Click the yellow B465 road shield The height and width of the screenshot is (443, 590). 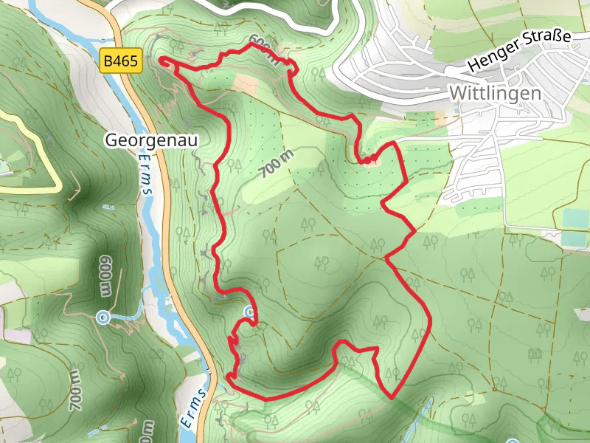(120, 61)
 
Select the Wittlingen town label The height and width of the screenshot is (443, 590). (495, 94)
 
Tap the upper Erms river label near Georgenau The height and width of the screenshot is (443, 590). (146, 176)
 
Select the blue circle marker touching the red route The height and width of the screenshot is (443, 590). (250, 313)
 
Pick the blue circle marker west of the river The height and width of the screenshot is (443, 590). (103, 317)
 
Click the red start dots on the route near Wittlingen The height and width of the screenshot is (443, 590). (369, 159)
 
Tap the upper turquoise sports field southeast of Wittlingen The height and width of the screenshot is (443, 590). (576, 218)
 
